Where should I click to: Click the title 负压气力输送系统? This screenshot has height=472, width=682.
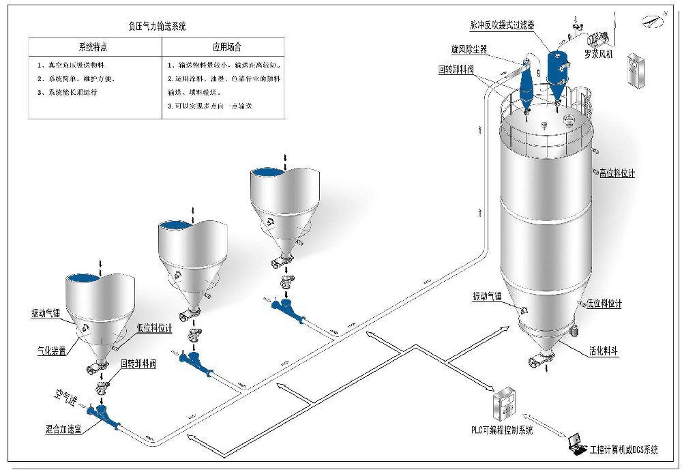[158, 27]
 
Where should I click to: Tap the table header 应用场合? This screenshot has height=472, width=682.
[227, 48]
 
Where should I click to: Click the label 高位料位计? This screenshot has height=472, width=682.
[617, 173]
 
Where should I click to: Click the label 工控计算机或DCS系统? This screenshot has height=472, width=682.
[625, 449]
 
